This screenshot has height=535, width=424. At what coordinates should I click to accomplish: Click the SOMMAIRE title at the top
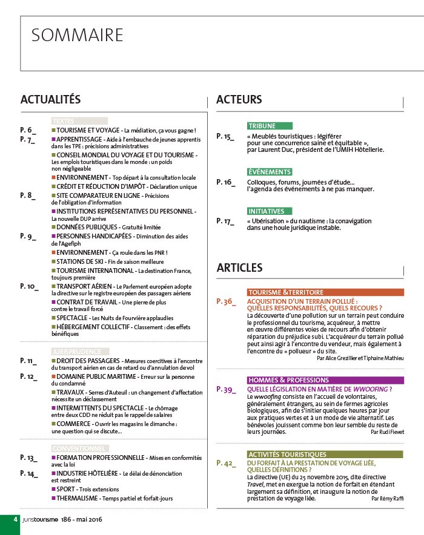pyautogui.click(x=77, y=35)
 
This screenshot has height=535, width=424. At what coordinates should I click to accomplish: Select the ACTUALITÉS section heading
pyautogui.click(x=50, y=99)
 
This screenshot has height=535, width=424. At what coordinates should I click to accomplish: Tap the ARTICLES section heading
pyautogui.click(x=239, y=267)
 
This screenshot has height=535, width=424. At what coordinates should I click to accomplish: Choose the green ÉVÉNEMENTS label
pyautogui.click(x=270, y=172)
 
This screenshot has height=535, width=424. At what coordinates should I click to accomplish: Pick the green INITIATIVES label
pyautogui.click(x=266, y=211)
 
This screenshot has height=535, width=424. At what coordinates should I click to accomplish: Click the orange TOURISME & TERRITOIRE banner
pyautogui.click(x=286, y=292)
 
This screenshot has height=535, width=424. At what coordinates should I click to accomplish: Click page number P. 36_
pyautogui.click(x=226, y=300)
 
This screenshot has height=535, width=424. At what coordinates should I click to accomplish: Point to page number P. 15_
pyautogui.click(x=225, y=137)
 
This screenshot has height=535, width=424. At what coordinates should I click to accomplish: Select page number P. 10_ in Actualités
pyautogui.click(x=28, y=286)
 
